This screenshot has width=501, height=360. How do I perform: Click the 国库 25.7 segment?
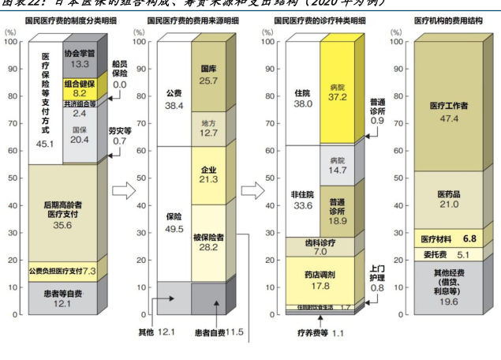209,75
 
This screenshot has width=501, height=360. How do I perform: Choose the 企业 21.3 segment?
209,174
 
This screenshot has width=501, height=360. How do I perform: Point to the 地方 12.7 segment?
209,129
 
